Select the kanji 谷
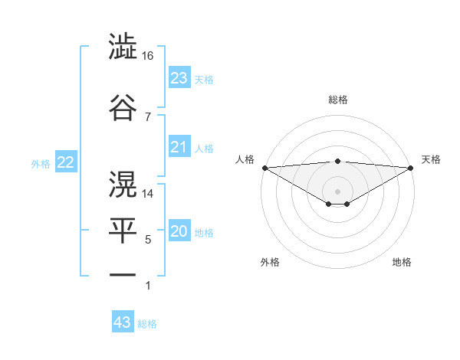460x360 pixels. click(x=123, y=106)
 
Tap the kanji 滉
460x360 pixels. click(x=123, y=183)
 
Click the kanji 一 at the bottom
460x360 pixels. click(x=123, y=274)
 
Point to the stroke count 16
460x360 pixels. click(x=148, y=56)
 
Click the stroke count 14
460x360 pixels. click(x=148, y=194)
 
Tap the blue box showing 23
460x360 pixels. click(x=179, y=78)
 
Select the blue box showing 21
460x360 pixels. click(x=179, y=147)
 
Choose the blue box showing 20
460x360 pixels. click(x=179, y=232)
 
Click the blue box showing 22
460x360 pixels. click(x=66, y=162)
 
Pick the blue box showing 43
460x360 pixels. click(x=123, y=322)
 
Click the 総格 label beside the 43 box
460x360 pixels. click(x=147, y=324)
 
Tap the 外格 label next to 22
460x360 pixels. click(x=41, y=163)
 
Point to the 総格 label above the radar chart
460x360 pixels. click(x=338, y=100)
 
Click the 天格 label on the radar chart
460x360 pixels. click(x=431, y=159)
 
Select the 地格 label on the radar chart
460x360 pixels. click(x=402, y=262)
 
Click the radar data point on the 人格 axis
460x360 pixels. click(x=264, y=167)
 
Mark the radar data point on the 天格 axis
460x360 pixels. click(x=412, y=167)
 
